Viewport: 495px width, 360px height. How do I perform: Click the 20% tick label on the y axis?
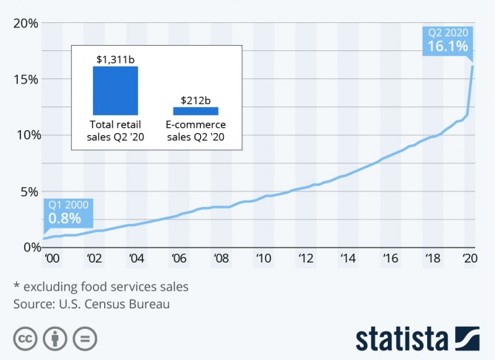(x=24, y=23)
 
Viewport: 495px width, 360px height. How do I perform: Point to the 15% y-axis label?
(x=24, y=79)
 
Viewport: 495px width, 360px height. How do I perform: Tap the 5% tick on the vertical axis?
(x=28, y=191)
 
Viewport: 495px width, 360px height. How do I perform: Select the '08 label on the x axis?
(x=221, y=259)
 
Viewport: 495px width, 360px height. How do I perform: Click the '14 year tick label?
(x=347, y=259)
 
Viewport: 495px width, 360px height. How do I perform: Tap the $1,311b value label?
(x=115, y=58)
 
